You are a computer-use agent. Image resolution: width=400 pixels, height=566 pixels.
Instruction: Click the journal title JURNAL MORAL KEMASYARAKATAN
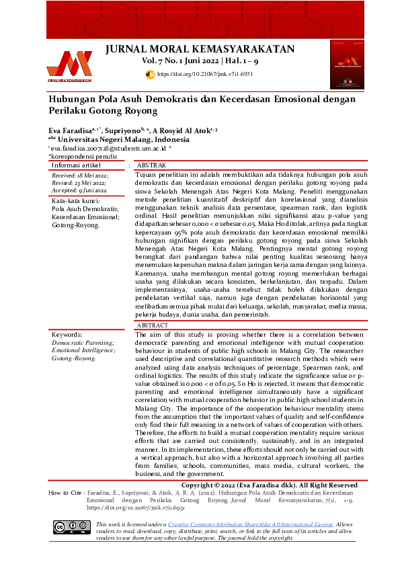point(200,49)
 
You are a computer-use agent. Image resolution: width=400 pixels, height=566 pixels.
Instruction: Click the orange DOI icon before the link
point(151,73)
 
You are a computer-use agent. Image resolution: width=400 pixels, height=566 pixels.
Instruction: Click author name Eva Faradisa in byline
point(73,130)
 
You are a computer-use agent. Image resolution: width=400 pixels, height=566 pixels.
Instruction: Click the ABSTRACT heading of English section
point(153,325)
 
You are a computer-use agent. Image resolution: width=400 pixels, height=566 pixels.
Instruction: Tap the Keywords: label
point(67,335)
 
